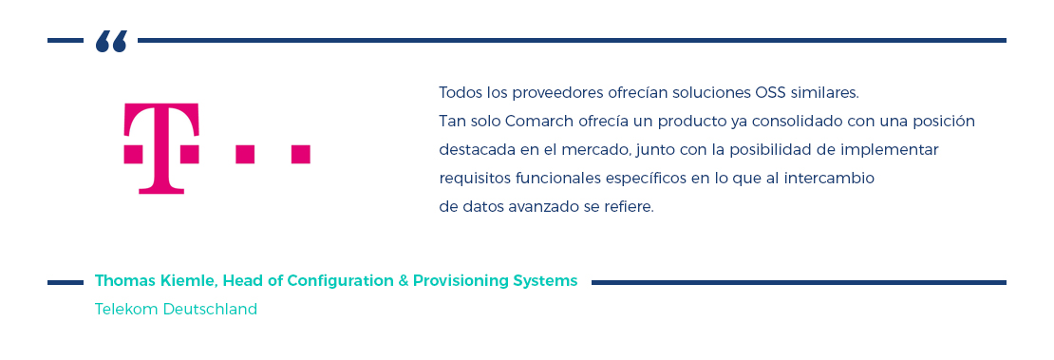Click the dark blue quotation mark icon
(111, 42)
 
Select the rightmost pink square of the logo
(300, 154)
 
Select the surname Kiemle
(193, 281)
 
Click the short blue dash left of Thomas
(66, 282)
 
